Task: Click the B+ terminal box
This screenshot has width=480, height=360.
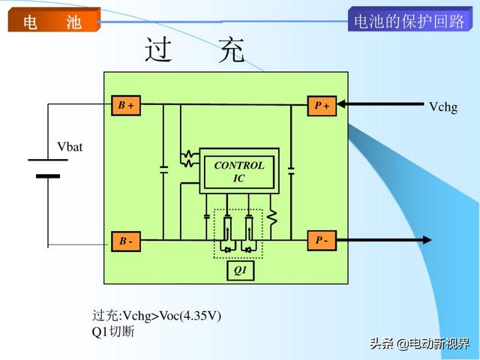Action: [x=126, y=106]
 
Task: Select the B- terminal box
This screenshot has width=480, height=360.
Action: [x=126, y=241]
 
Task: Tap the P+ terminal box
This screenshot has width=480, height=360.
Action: [x=322, y=106]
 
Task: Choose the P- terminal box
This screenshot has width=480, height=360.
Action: [x=322, y=241]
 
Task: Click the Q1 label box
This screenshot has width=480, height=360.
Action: [x=240, y=270]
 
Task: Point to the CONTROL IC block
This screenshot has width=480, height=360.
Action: [x=239, y=171]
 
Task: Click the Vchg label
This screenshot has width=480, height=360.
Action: [x=443, y=107]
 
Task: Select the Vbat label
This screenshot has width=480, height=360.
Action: [x=70, y=147]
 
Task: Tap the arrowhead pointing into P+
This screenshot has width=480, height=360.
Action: [x=341, y=104]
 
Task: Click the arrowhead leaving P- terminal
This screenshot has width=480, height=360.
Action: [x=427, y=240]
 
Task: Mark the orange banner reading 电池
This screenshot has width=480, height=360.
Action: [x=54, y=20]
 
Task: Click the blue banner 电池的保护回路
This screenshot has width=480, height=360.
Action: [x=410, y=19]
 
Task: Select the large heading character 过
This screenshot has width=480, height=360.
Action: [x=158, y=49]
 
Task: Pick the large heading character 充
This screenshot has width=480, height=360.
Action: [x=232, y=50]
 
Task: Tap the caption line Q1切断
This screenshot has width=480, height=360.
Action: [x=113, y=331]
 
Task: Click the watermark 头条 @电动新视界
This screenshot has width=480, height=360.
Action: [x=419, y=343]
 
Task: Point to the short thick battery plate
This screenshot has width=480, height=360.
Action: [x=48, y=176]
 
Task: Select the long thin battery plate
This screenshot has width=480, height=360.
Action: [x=48, y=160]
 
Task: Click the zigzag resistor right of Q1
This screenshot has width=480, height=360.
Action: [x=271, y=217]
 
